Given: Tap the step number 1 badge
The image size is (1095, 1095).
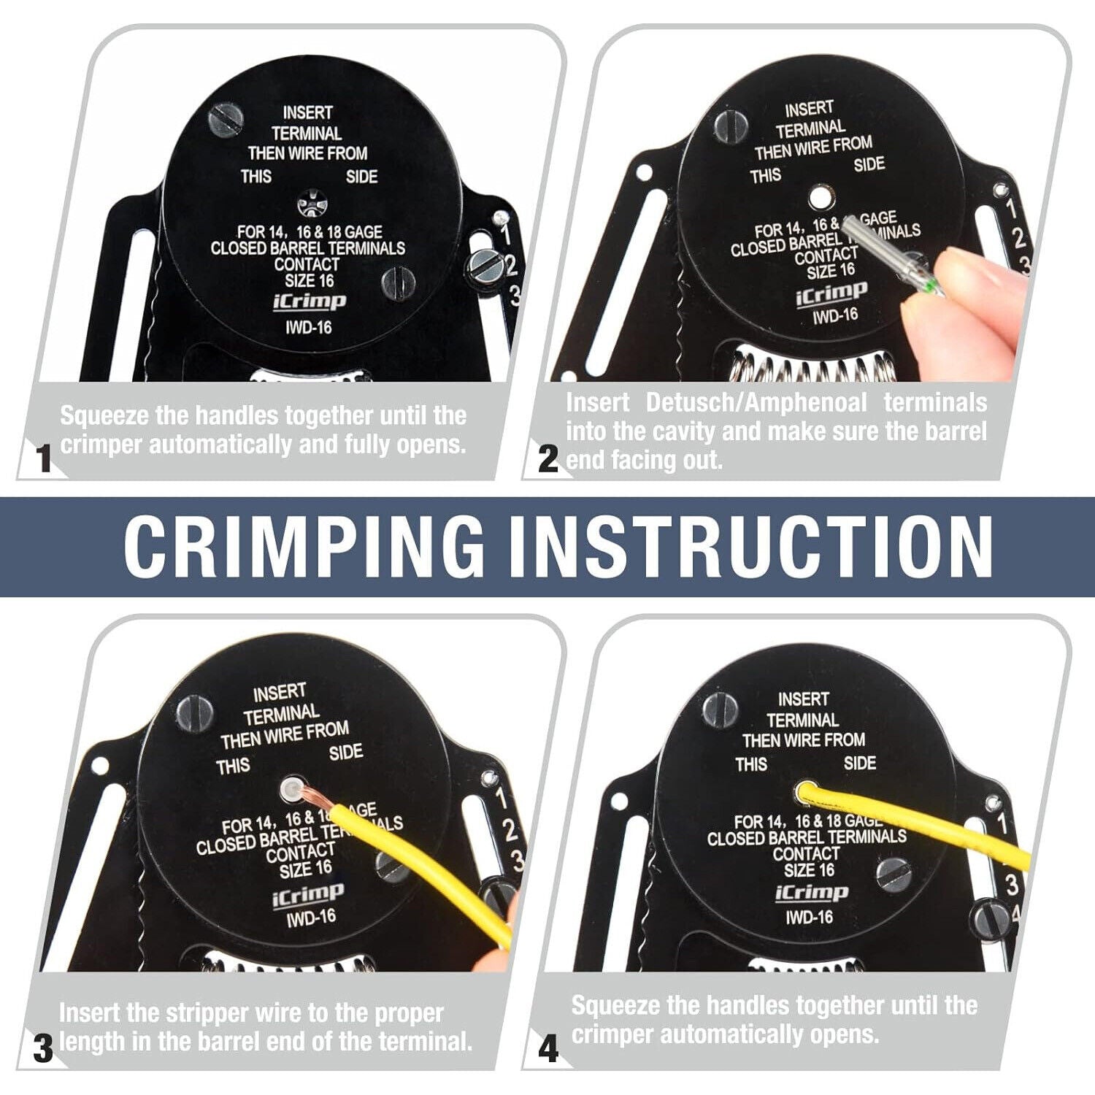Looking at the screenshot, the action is [x=45, y=459].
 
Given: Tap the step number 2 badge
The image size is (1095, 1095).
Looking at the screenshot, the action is [x=547, y=459].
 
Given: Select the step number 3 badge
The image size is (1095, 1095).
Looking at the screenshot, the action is [x=43, y=1049].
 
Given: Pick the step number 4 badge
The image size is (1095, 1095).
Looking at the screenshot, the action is [x=547, y=1049].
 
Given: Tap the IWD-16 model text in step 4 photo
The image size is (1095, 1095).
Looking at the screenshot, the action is [x=809, y=916].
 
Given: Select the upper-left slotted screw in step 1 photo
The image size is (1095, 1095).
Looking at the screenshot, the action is [x=224, y=120].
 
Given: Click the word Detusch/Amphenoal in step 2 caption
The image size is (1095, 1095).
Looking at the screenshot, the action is [x=756, y=402].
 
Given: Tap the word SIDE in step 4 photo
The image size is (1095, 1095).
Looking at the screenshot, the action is [x=859, y=763].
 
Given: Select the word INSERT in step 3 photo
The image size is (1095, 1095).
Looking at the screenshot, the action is [x=279, y=691].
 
